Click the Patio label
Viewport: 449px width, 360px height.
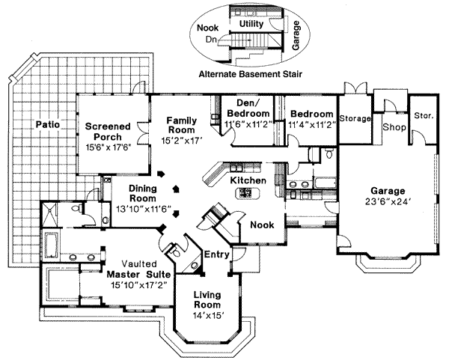point(48,124)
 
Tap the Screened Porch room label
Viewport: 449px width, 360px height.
point(108,131)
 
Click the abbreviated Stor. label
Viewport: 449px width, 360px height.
point(423,117)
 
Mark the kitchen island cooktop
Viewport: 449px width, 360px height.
point(245,193)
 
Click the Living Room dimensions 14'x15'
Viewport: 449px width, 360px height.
point(206,317)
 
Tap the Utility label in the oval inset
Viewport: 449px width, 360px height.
point(251,24)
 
